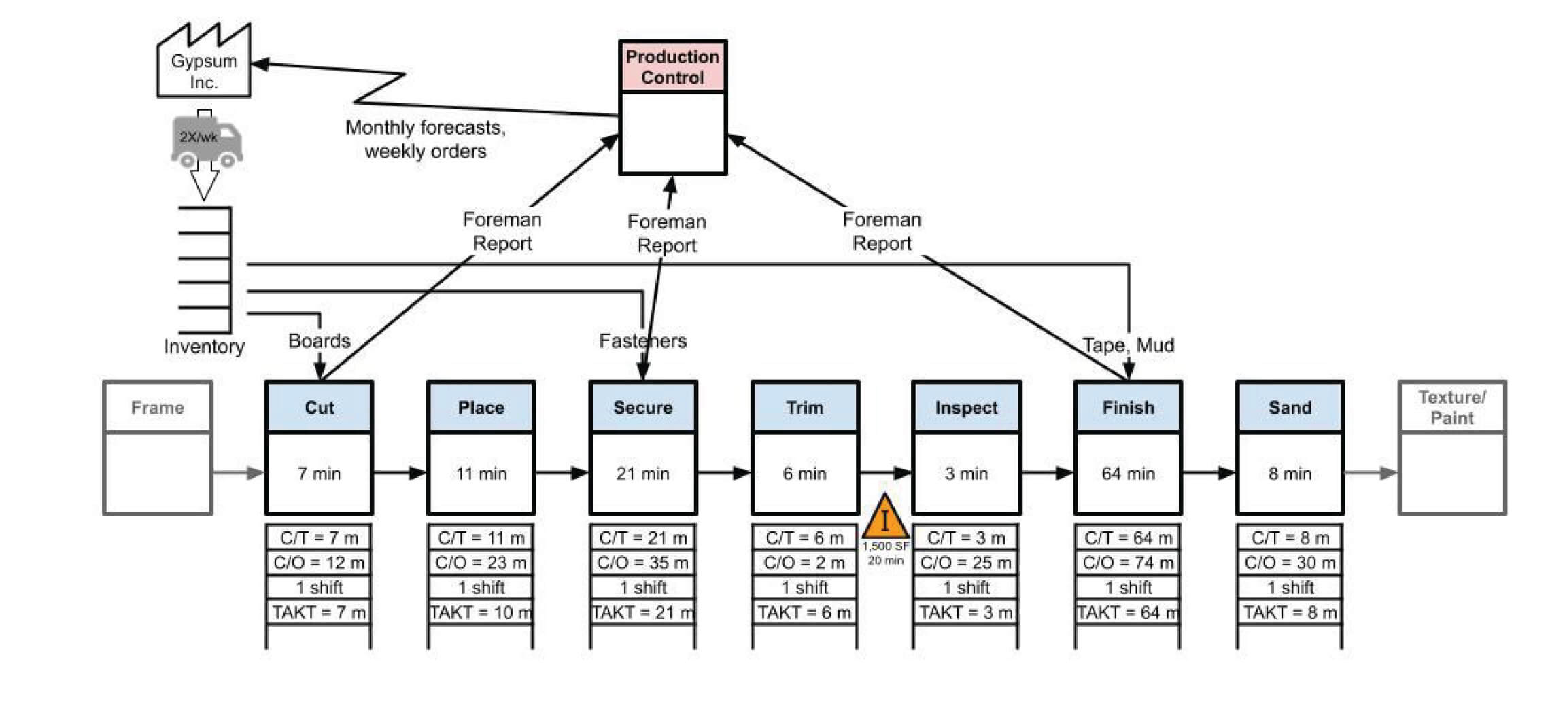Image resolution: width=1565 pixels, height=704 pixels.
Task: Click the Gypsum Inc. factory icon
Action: point(204,65)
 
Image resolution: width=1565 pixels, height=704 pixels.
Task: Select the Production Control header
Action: point(672,67)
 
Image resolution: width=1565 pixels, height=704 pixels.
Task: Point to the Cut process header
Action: point(319,408)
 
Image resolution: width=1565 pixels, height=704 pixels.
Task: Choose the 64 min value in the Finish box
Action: point(1128,474)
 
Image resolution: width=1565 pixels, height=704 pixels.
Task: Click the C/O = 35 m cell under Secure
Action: point(642,563)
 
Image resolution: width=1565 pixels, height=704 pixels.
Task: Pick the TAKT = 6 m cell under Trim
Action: point(804,612)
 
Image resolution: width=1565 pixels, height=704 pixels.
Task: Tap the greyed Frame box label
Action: point(158,408)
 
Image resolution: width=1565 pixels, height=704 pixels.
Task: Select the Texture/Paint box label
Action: point(1452,408)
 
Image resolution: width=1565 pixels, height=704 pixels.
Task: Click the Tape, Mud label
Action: point(1128,345)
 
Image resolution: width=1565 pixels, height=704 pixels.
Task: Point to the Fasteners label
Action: point(642,340)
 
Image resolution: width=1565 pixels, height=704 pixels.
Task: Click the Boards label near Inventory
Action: point(319,340)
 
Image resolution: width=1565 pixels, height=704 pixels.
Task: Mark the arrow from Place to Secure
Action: point(562,473)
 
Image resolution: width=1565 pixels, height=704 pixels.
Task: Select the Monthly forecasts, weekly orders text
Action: point(426,139)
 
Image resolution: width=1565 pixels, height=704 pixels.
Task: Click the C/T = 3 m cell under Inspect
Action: point(966,538)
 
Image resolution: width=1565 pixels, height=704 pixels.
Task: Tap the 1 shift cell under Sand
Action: point(1290,587)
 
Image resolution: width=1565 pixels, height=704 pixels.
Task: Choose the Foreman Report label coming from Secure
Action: point(667,233)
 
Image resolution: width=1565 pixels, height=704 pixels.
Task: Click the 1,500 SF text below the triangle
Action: point(885,546)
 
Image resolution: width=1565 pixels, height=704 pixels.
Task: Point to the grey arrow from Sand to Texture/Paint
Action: point(1371,473)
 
